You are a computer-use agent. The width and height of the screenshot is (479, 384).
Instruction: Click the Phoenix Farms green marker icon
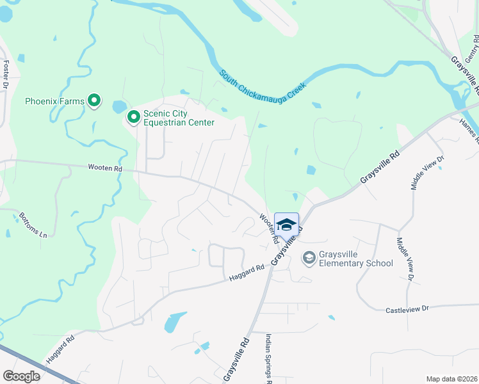tap(94, 100)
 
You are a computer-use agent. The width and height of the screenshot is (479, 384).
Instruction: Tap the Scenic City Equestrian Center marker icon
tap(134, 116)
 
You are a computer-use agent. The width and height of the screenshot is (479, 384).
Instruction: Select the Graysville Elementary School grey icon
tap(309, 257)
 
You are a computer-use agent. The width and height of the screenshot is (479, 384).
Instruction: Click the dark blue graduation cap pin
tap(286, 225)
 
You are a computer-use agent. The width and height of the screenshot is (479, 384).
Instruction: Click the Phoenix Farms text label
tap(54, 101)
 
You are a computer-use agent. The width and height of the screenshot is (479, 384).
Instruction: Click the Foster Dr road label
tap(6, 74)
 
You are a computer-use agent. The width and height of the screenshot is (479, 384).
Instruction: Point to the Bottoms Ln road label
tap(33, 225)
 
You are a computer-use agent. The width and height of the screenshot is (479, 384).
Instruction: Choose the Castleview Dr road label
tap(407, 310)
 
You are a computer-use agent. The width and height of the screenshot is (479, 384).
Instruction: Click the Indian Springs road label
tap(268, 358)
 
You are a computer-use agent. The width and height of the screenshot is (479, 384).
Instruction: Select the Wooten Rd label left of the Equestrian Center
tap(104, 168)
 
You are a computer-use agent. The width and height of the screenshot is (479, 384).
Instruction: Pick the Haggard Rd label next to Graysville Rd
tap(247, 273)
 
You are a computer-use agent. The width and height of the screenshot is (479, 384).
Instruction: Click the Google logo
tap(22, 376)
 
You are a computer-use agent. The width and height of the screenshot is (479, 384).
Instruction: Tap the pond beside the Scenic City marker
tap(120, 106)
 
